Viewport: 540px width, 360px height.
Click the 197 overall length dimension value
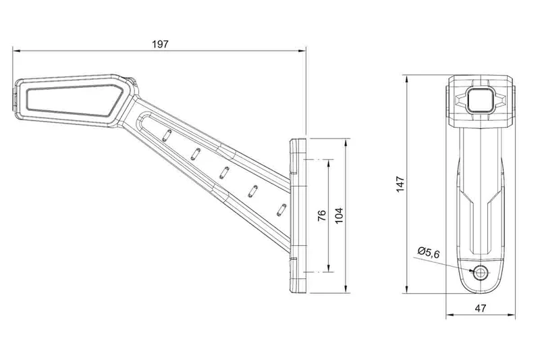pyautogui.click(x=160, y=43)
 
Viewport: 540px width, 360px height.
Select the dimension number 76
pyautogui.click(x=322, y=215)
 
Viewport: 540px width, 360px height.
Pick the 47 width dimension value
pyautogui.click(x=481, y=308)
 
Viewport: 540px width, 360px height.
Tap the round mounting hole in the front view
pyautogui.click(x=481, y=272)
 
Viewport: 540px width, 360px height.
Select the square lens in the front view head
pyautogui.click(x=481, y=99)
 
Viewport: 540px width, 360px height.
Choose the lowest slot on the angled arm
pyautogui.click(x=281, y=209)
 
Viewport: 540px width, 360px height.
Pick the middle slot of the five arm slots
pyautogui.click(x=224, y=171)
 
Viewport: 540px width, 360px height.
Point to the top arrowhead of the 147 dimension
pyautogui.click(x=407, y=79)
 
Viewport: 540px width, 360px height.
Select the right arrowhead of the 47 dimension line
pyautogui.click(x=511, y=315)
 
